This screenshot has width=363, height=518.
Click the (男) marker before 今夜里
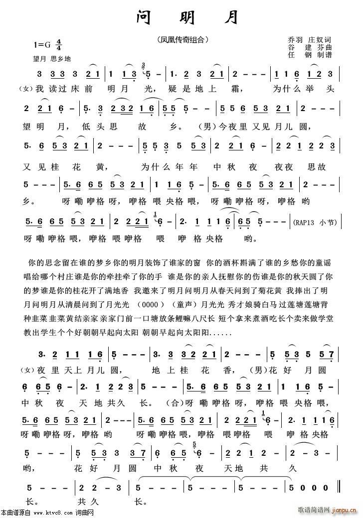[x=206, y=125]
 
